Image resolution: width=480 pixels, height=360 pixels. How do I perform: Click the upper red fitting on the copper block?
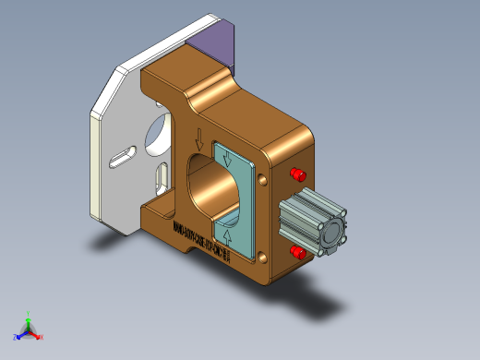[x=298, y=174]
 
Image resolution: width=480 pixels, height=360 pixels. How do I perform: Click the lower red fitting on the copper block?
[x=298, y=251]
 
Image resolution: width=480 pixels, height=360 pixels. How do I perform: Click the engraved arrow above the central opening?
[x=198, y=141]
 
